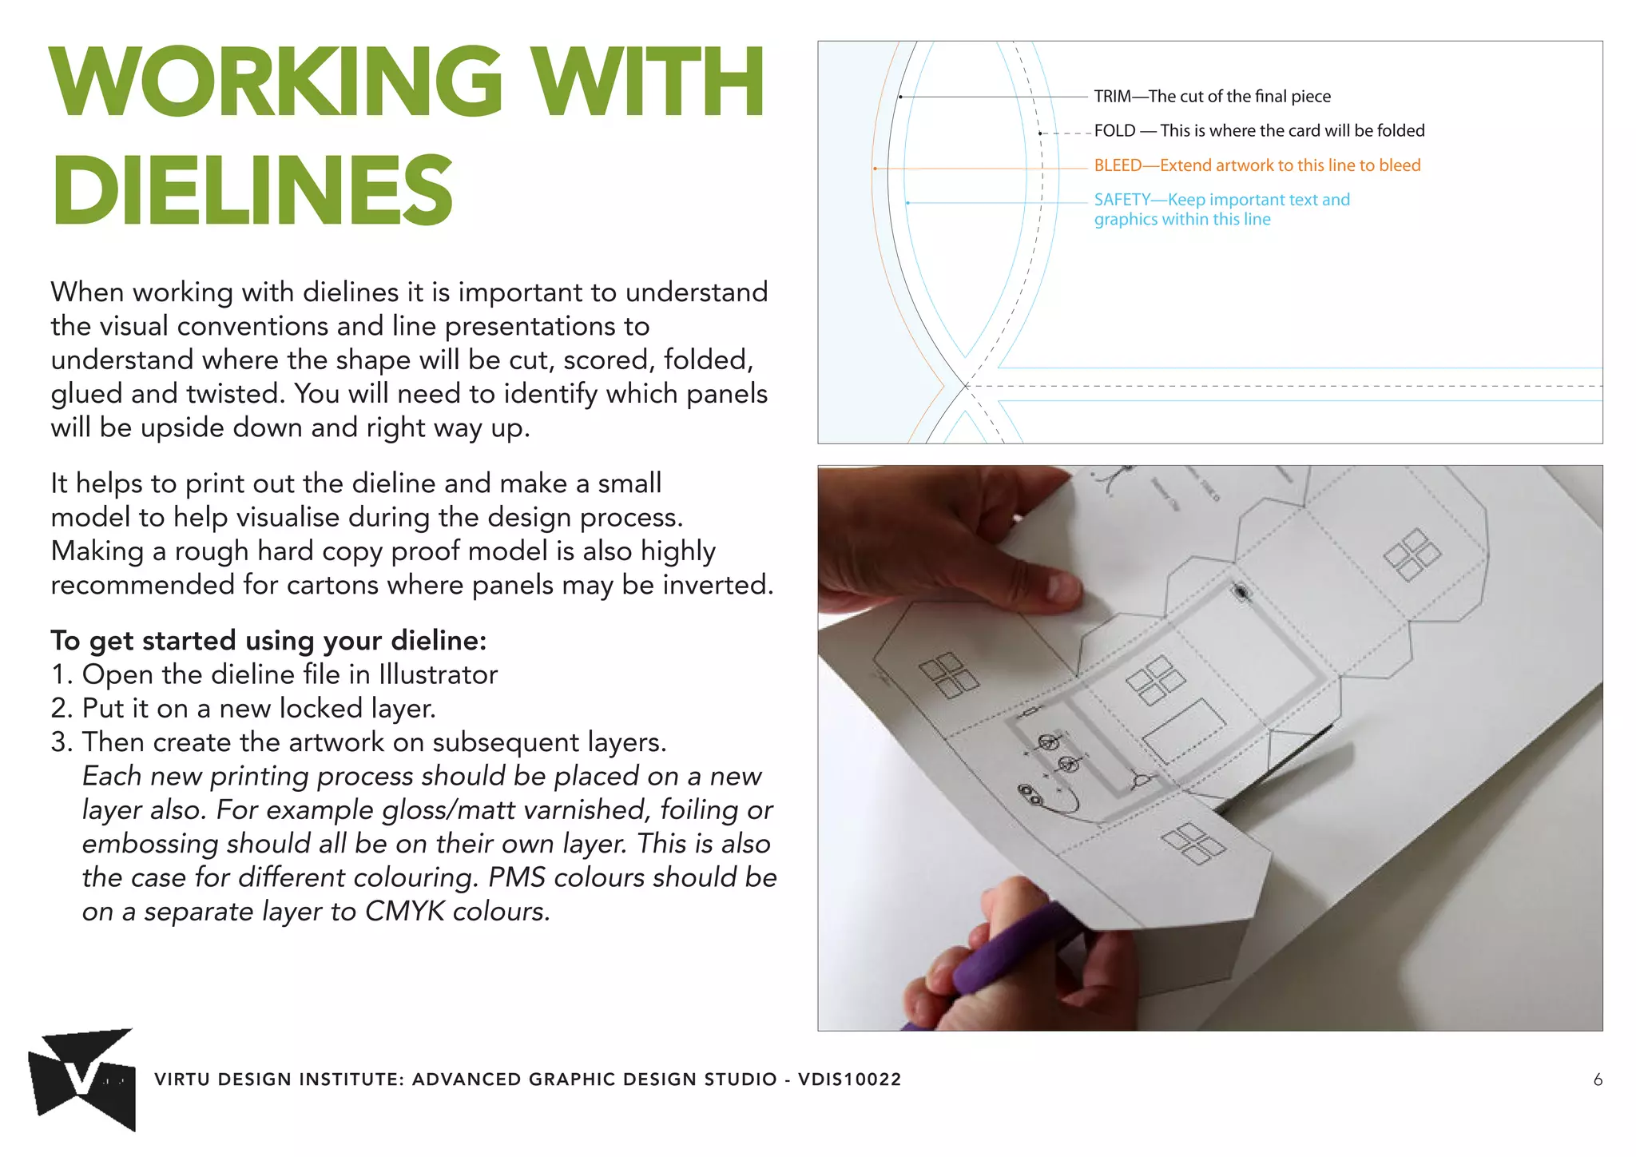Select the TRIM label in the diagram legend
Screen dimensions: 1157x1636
[1112, 97]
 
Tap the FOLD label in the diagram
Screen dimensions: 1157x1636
[1114, 131]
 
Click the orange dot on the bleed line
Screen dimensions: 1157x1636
[876, 169]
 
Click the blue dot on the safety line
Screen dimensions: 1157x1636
[908, 203]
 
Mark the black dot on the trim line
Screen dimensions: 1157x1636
[900, 97]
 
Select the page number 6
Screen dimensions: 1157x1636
[1597, 1080]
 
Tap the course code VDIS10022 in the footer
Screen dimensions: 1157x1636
[849, 1080]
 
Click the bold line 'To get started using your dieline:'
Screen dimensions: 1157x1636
[268, 641]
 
